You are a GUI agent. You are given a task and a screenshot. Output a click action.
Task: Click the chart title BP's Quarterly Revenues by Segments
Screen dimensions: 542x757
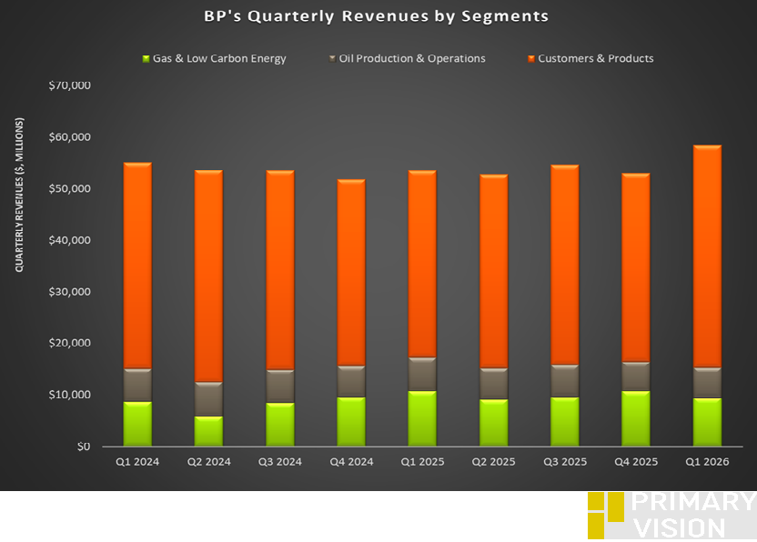(376, 16)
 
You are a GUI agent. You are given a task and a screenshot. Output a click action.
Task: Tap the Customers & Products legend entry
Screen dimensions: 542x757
(595, 59)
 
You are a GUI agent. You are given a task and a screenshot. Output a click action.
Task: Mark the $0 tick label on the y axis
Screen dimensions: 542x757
(83, 447)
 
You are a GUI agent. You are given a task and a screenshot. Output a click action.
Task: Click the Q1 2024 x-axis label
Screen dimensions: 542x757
(136, 462)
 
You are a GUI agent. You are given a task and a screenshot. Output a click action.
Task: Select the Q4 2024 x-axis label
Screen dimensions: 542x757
(351, 462)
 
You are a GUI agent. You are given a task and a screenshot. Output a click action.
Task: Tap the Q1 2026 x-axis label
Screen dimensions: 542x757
(707, 462)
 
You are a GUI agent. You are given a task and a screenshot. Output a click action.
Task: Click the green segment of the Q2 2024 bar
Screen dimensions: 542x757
(208, 431)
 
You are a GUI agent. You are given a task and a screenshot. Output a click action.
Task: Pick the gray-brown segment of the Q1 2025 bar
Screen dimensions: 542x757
(422, 375)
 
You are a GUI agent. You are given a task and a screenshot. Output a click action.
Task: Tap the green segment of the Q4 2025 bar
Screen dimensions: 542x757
(636, 419)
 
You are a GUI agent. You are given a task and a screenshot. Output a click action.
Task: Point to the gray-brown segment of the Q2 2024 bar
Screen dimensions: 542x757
(208, 399)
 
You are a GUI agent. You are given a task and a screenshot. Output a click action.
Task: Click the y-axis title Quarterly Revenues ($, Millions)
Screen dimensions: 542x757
(19, 195)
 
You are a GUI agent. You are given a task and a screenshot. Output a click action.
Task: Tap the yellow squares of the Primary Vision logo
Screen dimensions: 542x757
(605, 515)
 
